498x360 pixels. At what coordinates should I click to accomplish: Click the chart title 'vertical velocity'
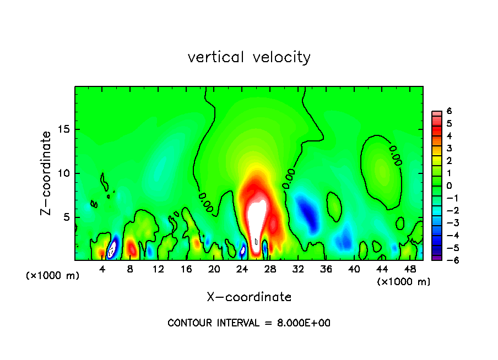[249, 57]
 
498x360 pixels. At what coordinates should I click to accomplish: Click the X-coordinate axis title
[249, 297]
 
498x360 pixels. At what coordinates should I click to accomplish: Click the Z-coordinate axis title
[46, 173]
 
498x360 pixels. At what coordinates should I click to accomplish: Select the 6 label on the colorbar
[450, 111]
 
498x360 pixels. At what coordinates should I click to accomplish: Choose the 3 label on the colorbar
[450, 149]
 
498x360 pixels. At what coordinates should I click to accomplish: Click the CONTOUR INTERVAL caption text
[249, 323]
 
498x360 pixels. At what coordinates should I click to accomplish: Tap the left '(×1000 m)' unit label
[53, 276]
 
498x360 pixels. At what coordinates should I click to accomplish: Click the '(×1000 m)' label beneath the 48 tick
[404, 282]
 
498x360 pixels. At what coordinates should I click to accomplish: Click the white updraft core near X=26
[255, 220]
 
